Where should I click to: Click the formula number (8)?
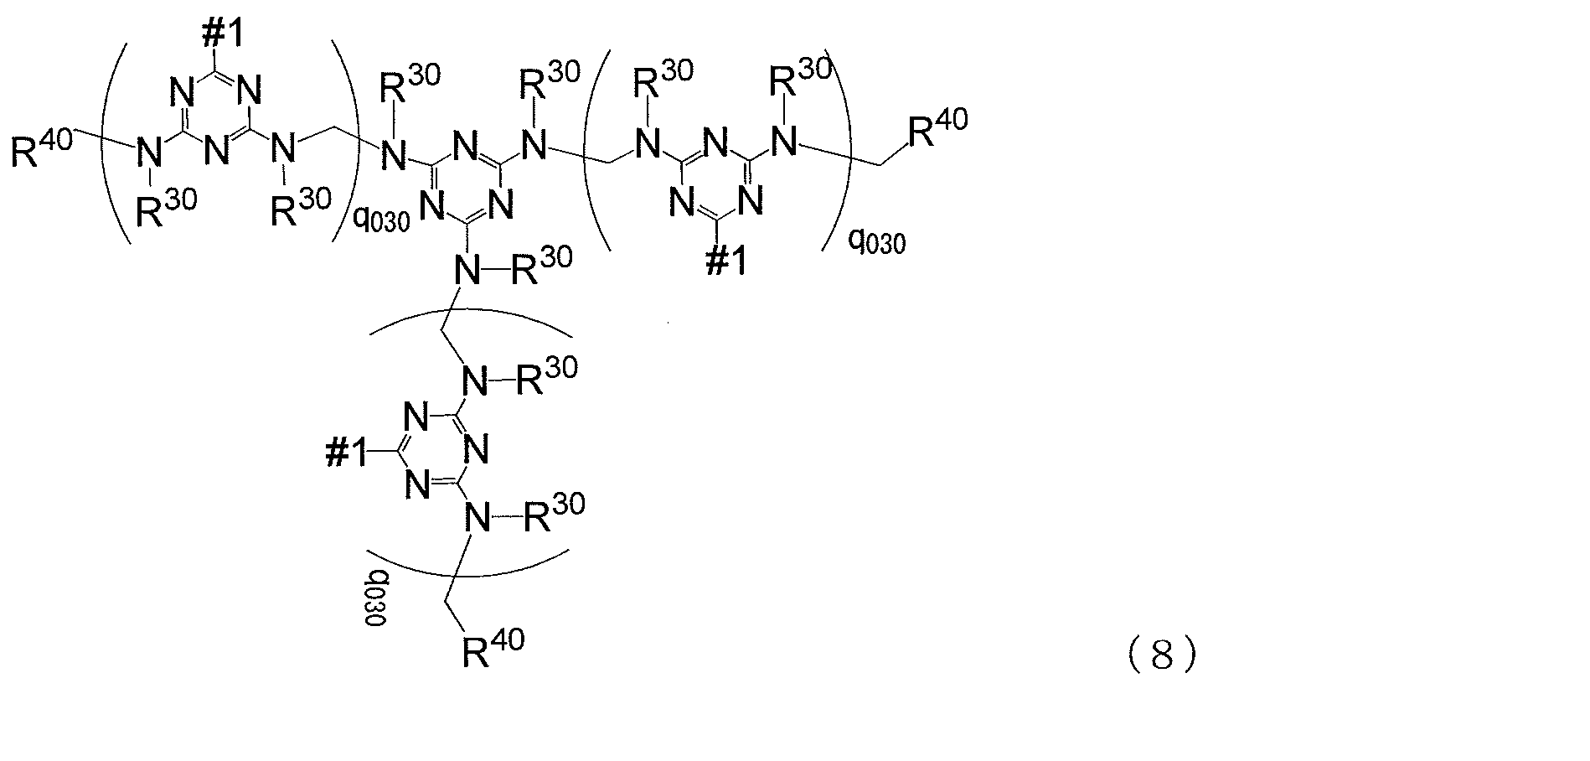click(1161, 656)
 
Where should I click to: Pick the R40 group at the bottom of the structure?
click(494, 650)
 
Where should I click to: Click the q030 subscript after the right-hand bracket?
click(877, 244)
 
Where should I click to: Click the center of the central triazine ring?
click(467, 176)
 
